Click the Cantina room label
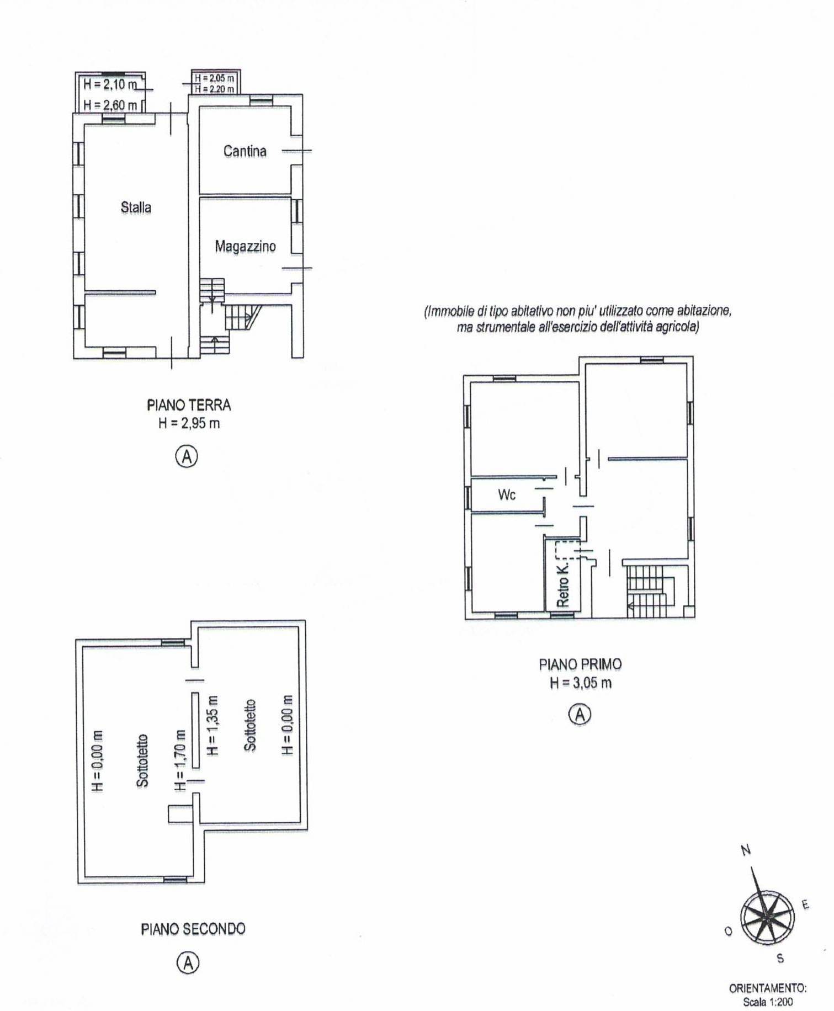coord(245,151)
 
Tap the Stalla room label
coord(136,207)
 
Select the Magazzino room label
coord(245,246)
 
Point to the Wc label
coord(507,494)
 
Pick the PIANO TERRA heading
coord(189,405)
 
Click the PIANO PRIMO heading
coord(580,664)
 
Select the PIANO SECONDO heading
coord(193,929)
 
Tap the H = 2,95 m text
coord(189,423)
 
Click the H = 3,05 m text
coord(581,683)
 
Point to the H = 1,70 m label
coord(180,760)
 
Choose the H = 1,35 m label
coord(213,725)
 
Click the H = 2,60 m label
coord(110,104)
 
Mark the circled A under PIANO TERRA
coord(187,456)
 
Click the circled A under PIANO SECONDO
coord(188,963)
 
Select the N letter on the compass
coord(746,850)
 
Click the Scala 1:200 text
coord(768,1002)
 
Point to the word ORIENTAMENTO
coord(768,988)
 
